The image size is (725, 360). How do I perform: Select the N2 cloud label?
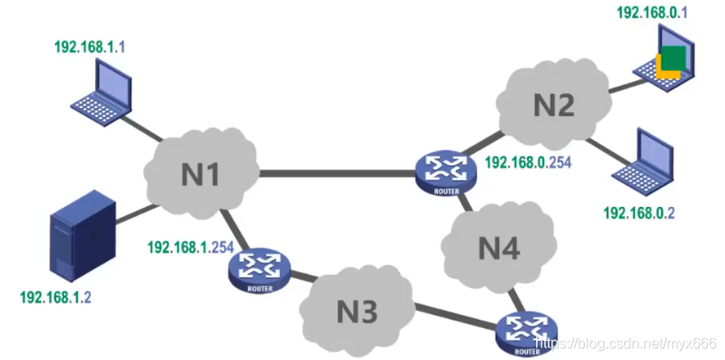[x=552, y=106]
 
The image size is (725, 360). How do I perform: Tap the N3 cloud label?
[x=356, y=311]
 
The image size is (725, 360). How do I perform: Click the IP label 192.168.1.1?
[x=90, y=46]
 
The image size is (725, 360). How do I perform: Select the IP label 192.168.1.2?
[x=55, y=297]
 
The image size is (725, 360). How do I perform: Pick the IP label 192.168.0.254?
[x=533, y=164]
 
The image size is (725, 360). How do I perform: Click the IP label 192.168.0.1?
[x=651, y=13]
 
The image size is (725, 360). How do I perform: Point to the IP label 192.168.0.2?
[x=638, y=213]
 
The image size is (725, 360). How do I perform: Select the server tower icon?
[x=83, y=233]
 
